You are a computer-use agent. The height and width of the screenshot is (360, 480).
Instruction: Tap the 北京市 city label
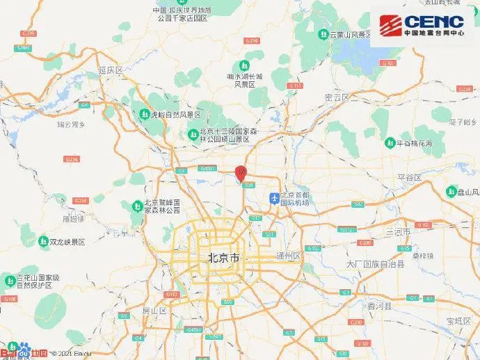point(224,258)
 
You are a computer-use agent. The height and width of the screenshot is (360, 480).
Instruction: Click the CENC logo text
point(434,21)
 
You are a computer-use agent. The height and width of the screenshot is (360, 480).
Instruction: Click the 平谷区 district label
point(409,178)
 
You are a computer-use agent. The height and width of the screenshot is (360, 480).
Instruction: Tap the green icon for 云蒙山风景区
point(323,33)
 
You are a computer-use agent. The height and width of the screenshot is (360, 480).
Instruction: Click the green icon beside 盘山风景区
point(450,192)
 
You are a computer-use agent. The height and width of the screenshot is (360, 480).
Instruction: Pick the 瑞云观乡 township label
point(71,124)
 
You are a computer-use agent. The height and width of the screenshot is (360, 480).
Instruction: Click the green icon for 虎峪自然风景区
point(144,115)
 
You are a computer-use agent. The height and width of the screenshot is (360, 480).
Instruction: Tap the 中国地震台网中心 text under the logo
point(434,33)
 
